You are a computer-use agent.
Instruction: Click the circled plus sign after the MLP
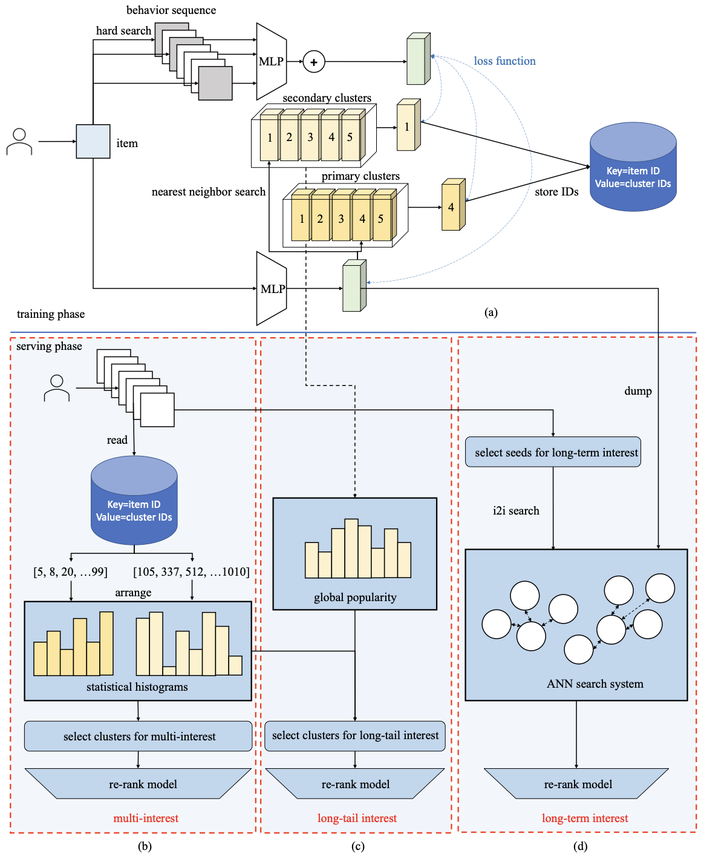tap(313, 62)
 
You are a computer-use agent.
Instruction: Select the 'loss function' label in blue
tap(504, 61)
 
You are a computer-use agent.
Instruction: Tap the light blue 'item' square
tap(93, 142)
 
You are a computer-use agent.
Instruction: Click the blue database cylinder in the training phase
tap(633, 168)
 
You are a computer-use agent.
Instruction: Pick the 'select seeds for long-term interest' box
tap(553, 452)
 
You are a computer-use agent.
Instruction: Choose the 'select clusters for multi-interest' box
tap(139, 736)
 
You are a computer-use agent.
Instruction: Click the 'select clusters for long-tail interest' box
tap(355, 736)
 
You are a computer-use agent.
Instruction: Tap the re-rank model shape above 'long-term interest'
tap(577, 784)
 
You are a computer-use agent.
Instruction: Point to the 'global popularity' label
tap(355, 597)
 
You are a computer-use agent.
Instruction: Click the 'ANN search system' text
tap(595, 684)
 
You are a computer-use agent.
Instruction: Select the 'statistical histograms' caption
tap(137, 687)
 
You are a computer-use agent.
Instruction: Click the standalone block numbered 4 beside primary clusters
tap(452, 206)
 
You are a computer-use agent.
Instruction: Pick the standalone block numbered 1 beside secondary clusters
tap(407, 127)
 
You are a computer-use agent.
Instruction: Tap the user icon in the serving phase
tap(57, 388)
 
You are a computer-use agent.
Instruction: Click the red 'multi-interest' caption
tap(146, 818)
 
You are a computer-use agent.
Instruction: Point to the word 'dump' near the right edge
tap(637, 391)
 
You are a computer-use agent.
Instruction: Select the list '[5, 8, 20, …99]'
tap(70, 571)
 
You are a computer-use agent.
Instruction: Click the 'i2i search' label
tap(516, 511)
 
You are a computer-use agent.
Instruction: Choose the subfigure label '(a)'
tap(491, 312)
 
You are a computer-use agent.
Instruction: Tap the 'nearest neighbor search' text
tap(208, 192)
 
